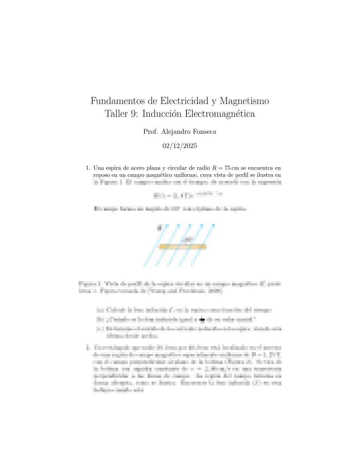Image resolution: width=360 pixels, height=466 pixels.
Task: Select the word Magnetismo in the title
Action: (244, 101)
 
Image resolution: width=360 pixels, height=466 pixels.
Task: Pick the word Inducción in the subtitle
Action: (161, 114)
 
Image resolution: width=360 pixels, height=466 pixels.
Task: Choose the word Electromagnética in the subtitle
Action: (220, 114)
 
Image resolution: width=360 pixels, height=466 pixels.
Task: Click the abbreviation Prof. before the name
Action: (150, 132)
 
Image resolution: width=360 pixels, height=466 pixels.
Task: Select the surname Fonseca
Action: (205, 132)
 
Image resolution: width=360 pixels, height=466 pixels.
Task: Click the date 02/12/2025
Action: (180, 146)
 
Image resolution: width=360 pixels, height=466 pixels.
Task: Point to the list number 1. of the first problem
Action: (88, 168)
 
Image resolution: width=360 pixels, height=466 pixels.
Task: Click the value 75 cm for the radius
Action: (231, 168)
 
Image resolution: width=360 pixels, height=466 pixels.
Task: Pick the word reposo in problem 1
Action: (102, 175)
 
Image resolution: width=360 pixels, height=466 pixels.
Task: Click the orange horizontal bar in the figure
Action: (182, 247)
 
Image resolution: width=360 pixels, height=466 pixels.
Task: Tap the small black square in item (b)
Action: (202, 319)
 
